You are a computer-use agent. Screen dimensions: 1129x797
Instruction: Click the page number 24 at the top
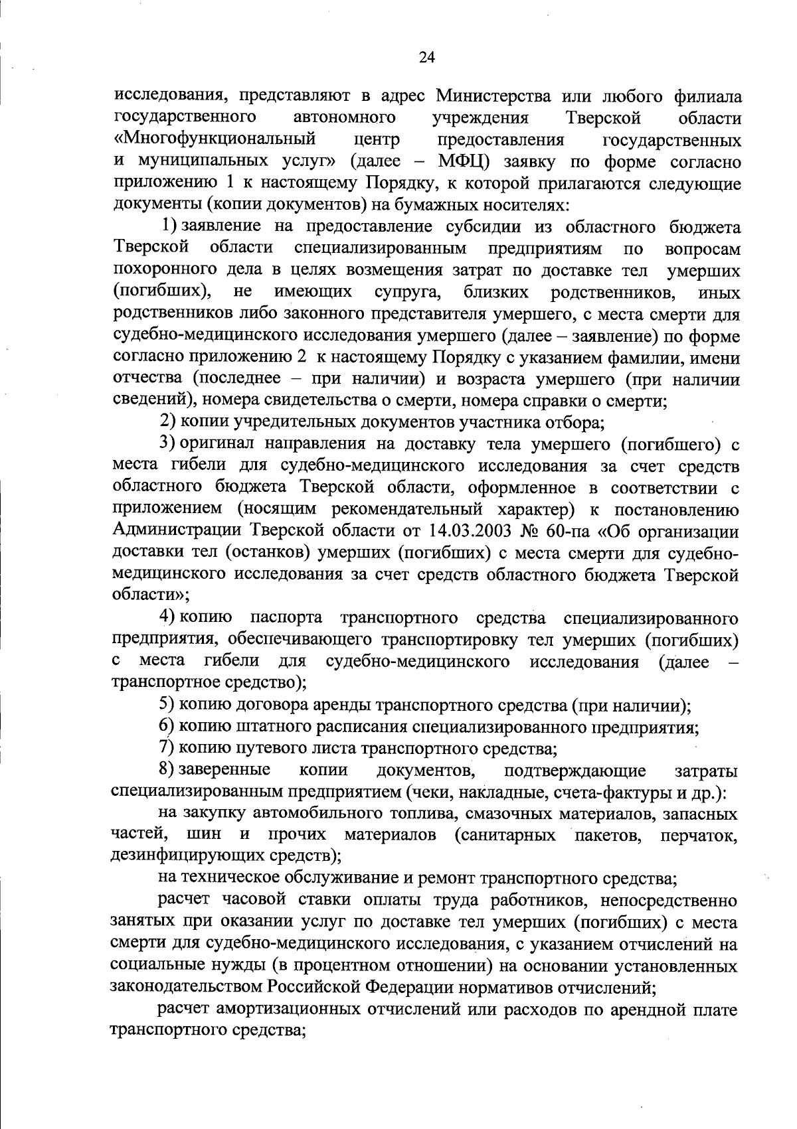coord(427,58)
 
